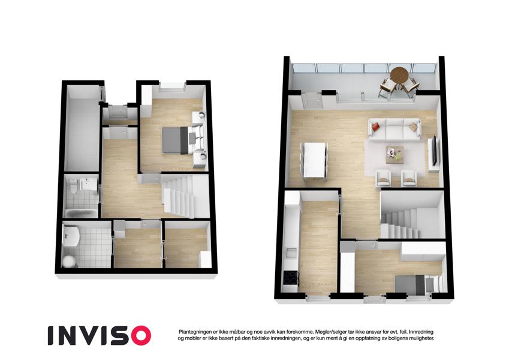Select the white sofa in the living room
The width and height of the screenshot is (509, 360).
394,129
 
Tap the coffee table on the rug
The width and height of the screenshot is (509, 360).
394,154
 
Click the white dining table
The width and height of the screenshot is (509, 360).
314,160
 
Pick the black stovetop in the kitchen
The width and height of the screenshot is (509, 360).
290,277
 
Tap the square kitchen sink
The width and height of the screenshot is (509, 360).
291,253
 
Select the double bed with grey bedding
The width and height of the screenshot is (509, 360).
175,140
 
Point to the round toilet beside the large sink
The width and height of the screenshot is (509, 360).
68,261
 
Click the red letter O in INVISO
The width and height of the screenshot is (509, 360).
139,335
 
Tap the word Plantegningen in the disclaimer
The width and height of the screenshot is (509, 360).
194,332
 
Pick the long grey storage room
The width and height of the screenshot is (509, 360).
82,128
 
